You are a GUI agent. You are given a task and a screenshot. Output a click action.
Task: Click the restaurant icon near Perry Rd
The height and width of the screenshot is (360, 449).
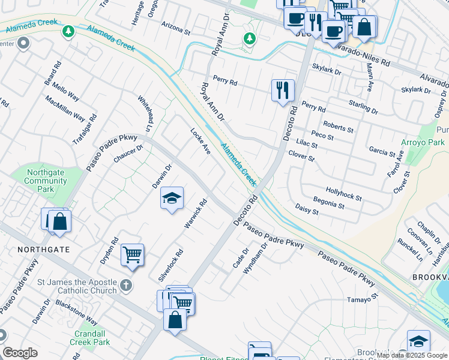(x=283, y=91)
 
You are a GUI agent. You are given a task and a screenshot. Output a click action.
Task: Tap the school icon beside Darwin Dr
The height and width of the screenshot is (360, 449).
(x=172, y=199)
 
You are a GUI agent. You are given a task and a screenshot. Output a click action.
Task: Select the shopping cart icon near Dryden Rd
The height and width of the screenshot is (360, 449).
(x=132, y=255)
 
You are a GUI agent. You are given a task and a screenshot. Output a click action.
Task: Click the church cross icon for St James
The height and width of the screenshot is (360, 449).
(x=125, y=286)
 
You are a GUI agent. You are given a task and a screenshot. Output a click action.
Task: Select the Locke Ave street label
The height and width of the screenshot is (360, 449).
(x=200, y=141)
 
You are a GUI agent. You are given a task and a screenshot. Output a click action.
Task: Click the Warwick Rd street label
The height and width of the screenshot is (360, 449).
(x=196, y=213)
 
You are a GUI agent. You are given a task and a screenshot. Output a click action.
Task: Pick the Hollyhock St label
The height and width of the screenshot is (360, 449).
(x=343, y=193)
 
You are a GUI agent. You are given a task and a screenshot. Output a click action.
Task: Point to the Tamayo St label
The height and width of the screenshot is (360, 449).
(x=363, y=297)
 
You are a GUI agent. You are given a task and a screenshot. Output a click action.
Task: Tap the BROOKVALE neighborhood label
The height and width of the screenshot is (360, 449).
(x=430, y=278)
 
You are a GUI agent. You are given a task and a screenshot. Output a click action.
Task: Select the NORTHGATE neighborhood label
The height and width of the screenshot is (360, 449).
(x=43, y=249)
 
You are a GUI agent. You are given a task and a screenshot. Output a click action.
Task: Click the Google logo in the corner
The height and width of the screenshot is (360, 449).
(x=20, y=353)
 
